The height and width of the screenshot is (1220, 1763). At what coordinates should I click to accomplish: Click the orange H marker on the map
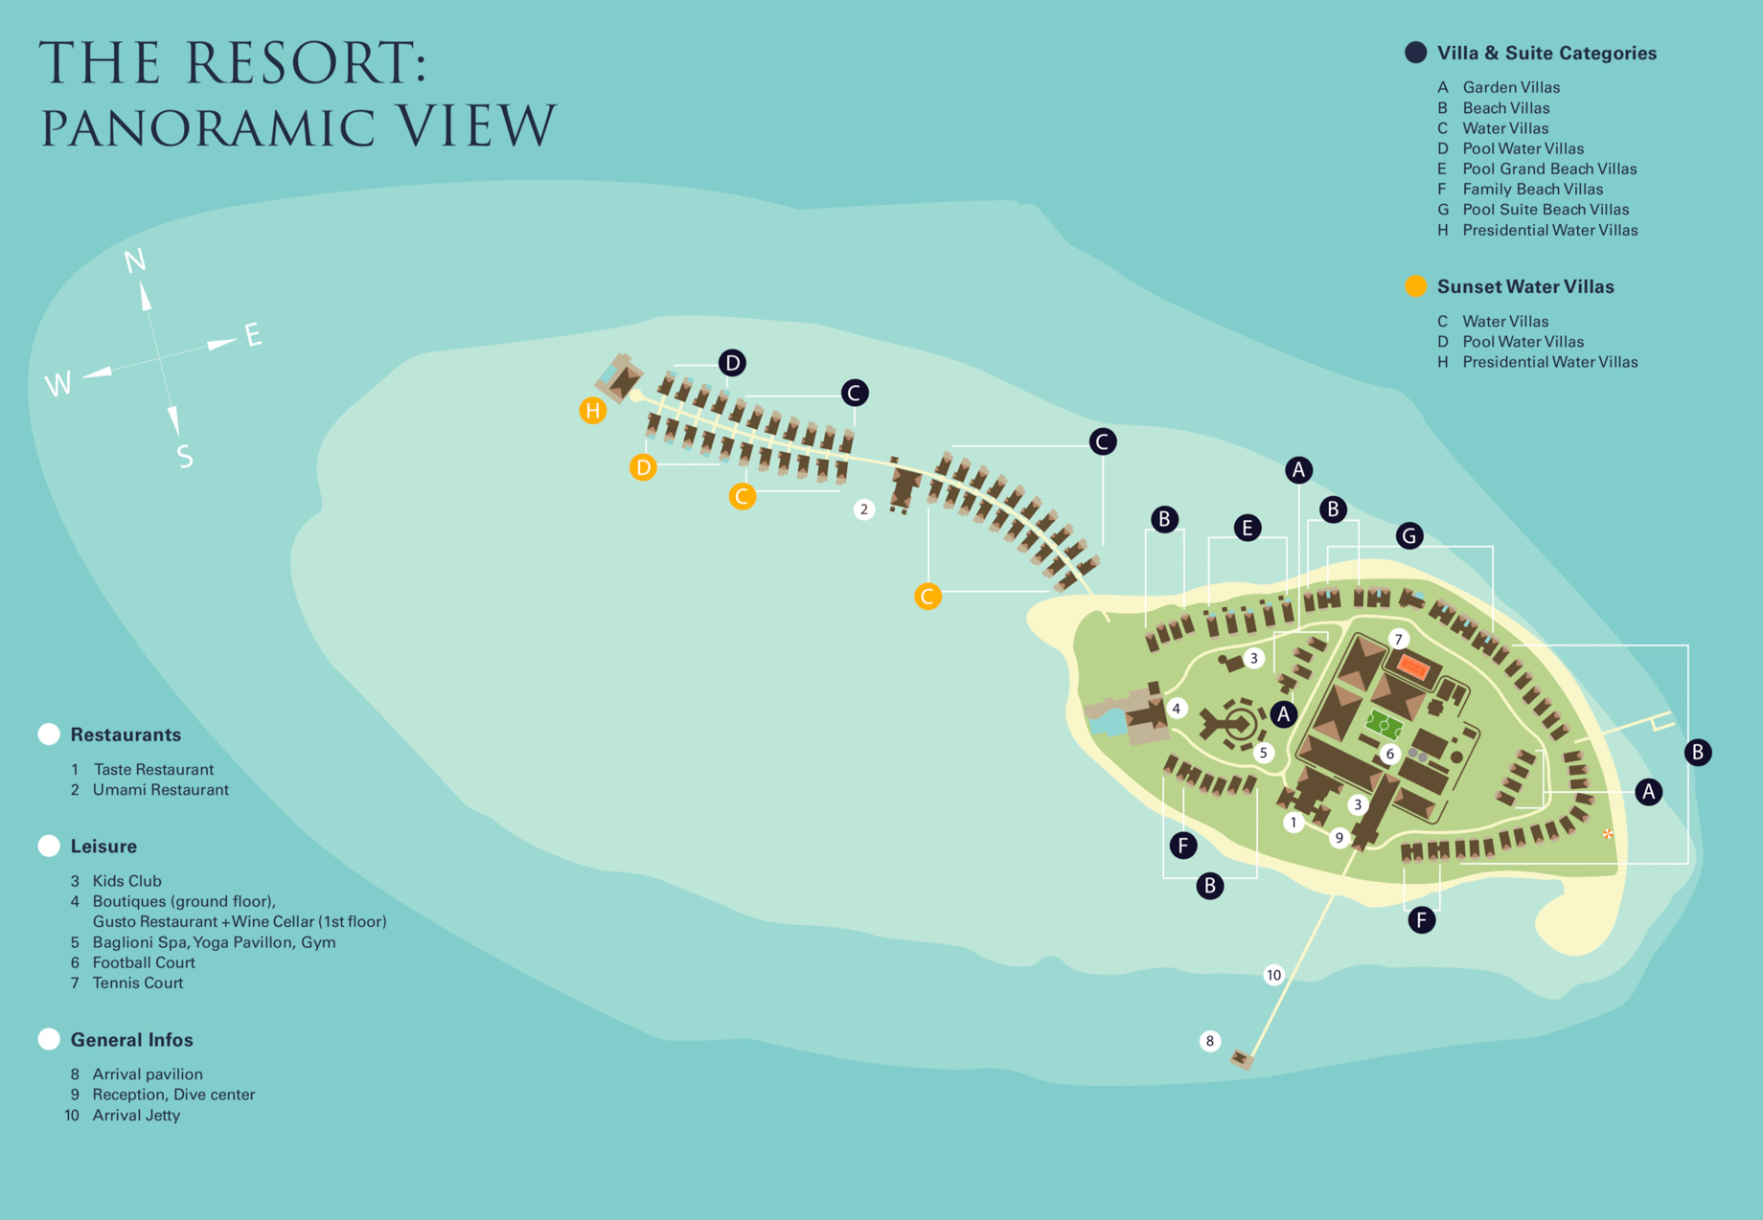click(x=593, y=411)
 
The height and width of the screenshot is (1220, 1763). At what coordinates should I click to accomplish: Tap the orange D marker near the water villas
click(x=643, y=467)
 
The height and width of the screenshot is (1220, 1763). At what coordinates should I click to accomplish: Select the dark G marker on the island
click(x=1408, y=536)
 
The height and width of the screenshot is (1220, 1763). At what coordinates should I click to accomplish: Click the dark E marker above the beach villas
click(x=1247, y=528)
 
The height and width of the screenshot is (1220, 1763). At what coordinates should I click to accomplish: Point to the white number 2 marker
click(x=863, y=509)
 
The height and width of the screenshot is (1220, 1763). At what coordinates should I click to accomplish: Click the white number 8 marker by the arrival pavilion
click(x=1210, y=1041)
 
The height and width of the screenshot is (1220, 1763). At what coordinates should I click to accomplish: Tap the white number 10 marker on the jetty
click(x=1273, y=975)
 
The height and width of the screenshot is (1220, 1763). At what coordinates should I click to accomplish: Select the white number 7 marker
click(x=1398, y=639)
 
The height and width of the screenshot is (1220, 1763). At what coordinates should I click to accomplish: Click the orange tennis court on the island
click(x=1413, y=666)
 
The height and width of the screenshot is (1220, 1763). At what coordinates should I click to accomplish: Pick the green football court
click(x=1384, y=724)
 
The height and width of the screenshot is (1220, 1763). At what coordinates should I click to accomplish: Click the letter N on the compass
click(x=135, y=260)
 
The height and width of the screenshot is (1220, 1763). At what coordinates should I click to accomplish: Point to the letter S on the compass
click(x=185, y=458)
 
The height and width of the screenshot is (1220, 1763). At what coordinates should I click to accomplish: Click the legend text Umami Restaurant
click(x=160, y=790)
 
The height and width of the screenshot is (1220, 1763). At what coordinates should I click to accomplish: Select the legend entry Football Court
click(x=143, y=962)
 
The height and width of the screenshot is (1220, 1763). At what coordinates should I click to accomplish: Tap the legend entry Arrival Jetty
click(x=135, y=1115)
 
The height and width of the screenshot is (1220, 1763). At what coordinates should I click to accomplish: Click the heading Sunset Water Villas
click(x=1524, y=286)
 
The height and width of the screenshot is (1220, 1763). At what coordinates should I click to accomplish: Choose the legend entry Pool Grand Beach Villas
click(x=1548, y=169)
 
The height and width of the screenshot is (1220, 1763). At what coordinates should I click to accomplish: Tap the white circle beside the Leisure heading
click(x=49, y=846)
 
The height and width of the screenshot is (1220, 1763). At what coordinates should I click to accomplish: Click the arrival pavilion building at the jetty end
click(x=1242, y=1059)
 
